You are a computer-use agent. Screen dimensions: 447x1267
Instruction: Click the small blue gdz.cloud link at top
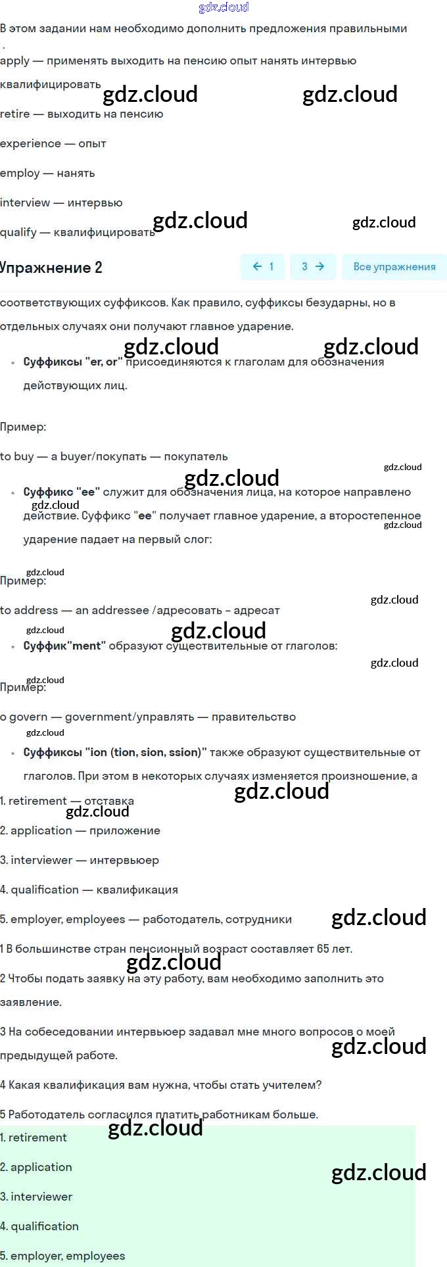pos(223,7)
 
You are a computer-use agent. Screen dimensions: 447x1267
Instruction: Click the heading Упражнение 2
pos(51,268)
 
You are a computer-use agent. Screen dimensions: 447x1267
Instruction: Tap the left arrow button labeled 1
pos(262,266)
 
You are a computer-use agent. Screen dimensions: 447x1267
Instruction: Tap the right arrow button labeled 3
pos(313,266)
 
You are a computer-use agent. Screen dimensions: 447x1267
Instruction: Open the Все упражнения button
pos(394,266)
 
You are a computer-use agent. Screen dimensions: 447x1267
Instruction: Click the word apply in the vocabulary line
pos(14,61)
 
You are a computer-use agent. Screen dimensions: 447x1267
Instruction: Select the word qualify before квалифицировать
pos(18,232)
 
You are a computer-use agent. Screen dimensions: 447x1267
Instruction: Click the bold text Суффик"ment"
pos(64,646)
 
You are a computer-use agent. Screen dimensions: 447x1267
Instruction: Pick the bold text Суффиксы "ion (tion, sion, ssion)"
pos(115,752)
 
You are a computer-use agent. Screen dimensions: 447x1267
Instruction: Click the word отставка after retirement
pos(109,801)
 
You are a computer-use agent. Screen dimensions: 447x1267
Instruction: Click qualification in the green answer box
pos(45,1226)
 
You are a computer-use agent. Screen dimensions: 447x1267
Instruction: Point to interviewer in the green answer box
pos(41,1197)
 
